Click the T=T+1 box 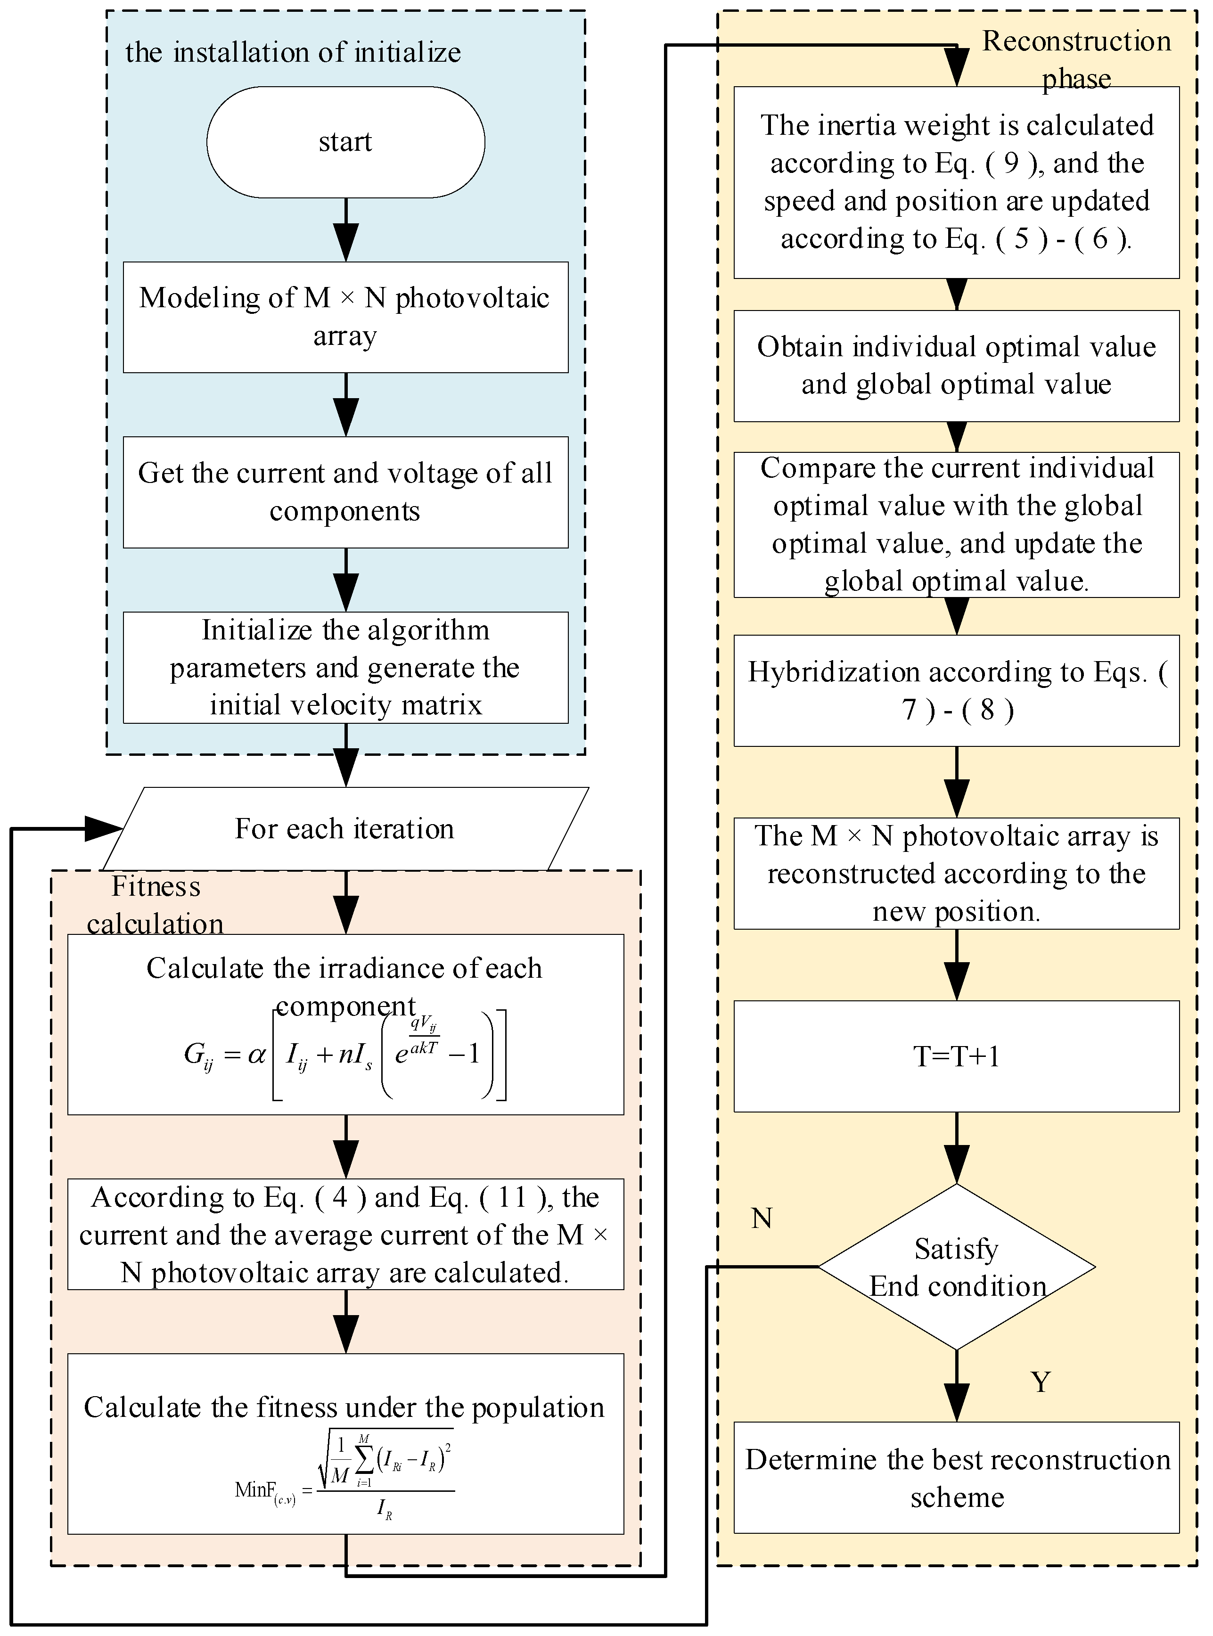[x=956, y=1056]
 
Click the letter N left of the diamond [x=762, y=1219]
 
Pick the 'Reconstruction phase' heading [x=1076, y=59]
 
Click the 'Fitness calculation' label [x=155, y=904]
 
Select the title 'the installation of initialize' [x=293, y=53]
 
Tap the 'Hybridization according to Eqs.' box [x=956, y=691]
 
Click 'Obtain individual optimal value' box [x=956, y=366]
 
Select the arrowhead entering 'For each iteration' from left [x=104, y=829]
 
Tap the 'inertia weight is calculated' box [x=956, y=182]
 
